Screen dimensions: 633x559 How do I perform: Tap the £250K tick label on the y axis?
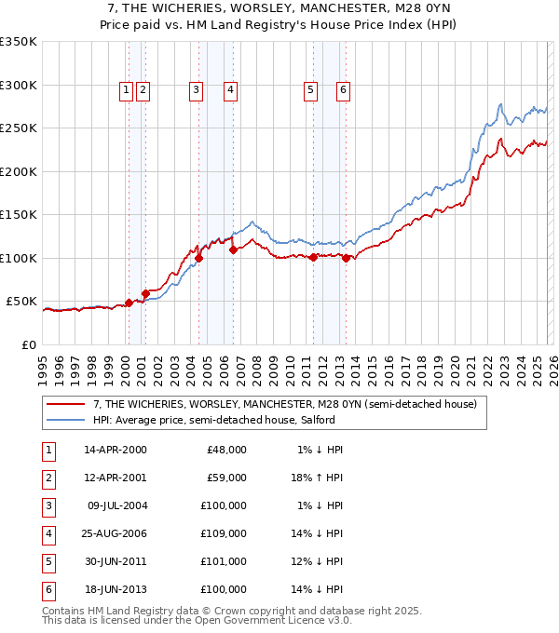click(19, 128)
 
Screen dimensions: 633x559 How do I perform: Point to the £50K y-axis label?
click(22, 302)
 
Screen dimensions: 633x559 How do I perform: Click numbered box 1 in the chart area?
click(126, 90)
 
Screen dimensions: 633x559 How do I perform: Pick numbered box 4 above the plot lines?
click(229, 90)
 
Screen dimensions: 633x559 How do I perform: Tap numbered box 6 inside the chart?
click(343, 90)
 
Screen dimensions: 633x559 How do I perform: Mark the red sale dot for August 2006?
click(233, 249)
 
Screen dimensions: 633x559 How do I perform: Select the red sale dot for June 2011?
click(313, 258)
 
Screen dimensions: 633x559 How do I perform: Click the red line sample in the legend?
click(66, 404)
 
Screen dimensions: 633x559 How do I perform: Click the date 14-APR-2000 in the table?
click(116, 450)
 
